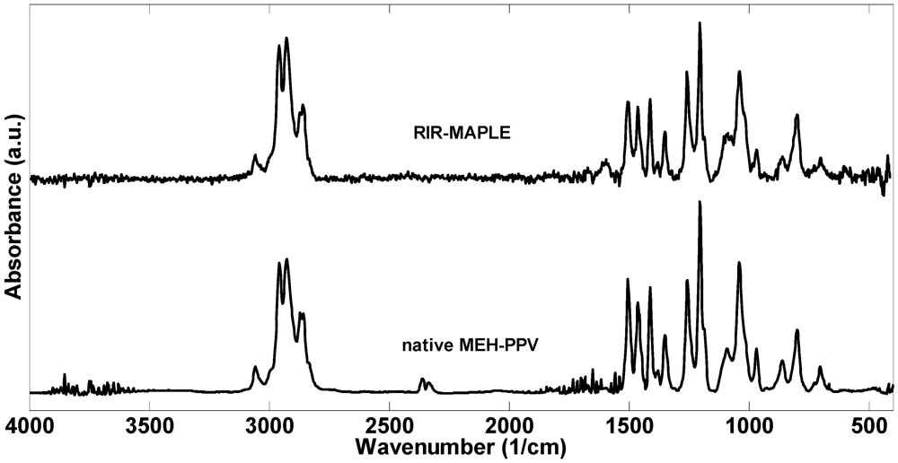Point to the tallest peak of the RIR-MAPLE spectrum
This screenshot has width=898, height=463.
(700, 24)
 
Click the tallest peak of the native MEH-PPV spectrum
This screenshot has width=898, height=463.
(700, 203)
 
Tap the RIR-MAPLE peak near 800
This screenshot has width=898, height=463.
(797, 116)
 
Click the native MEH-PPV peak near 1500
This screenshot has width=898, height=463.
(628, 280)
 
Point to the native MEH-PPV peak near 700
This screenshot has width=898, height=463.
(820, 368)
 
